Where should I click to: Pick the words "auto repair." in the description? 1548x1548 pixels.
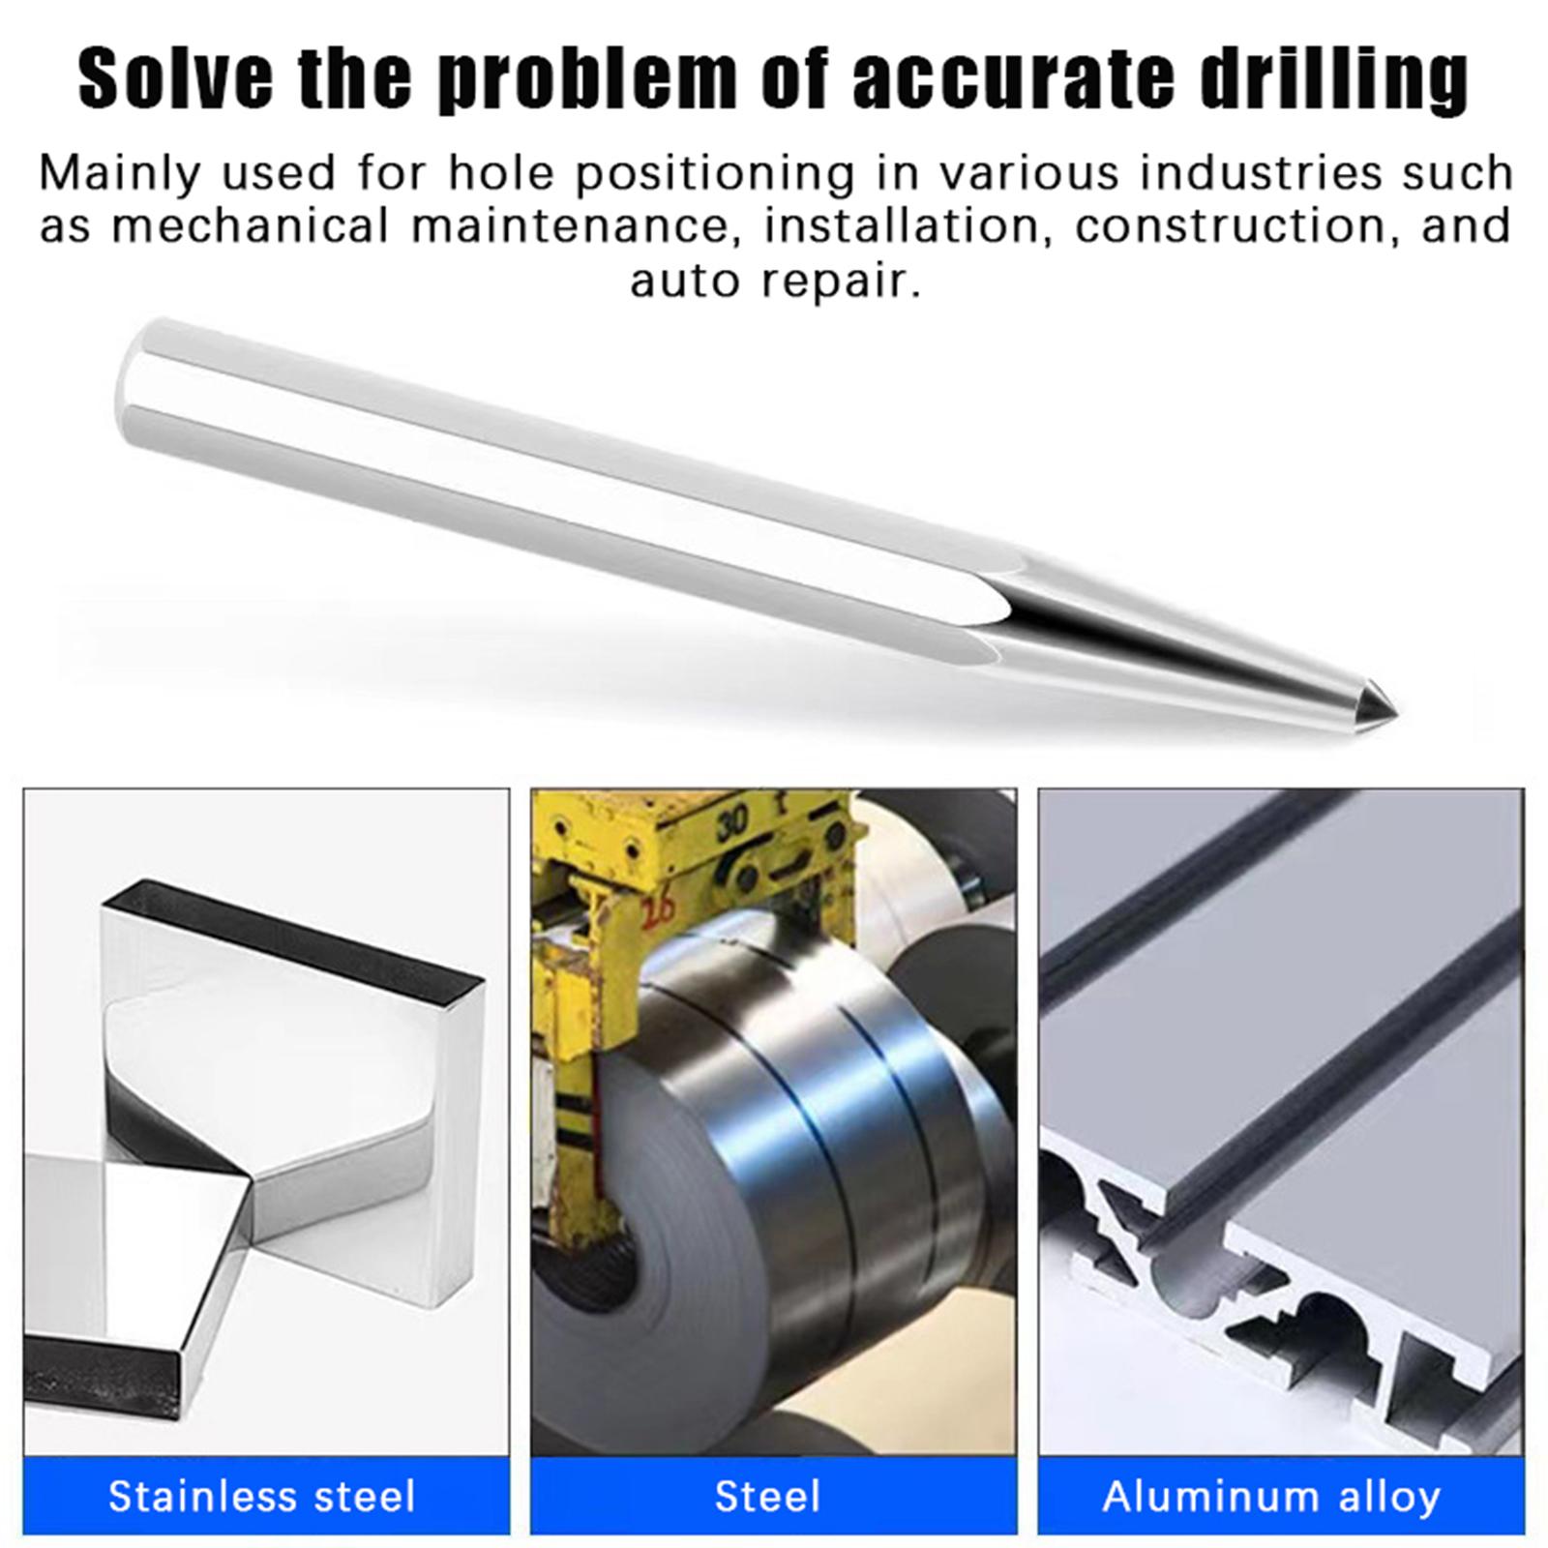pyautogui.click(x=774, y=281)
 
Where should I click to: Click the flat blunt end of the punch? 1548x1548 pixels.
pyautogui.click(x=130, y=387)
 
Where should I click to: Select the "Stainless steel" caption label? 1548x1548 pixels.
pyautogui.click(x=262, y=1496)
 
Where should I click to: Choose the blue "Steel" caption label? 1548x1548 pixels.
pyautogui.click(x=768, y=1497)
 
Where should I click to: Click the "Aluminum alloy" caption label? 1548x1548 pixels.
pyautogui.click(x=1271, y=1497)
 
